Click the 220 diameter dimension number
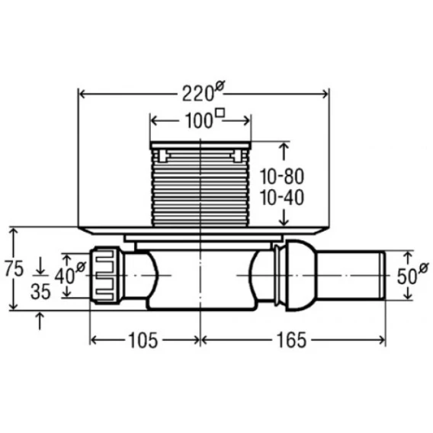pyautogui.click(x=197, y=94)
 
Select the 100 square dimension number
pyautogui.click(x=198, y=121)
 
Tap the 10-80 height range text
pyautogui.click(x=282, y=177)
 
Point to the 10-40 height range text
pyautogui.click(x=282, y=197)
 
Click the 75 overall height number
pyautogui.click(x=14, y=268)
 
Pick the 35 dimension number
pyautogui.click(x=40, y=292)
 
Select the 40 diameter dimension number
pyautogui.click(x=64, y=276)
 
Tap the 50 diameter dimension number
pyautogui.click(x=407, y=276)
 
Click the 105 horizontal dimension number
pyautogui.click(x=143, y=340)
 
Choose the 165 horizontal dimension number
pyautogui.click(x=292, y=340)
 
